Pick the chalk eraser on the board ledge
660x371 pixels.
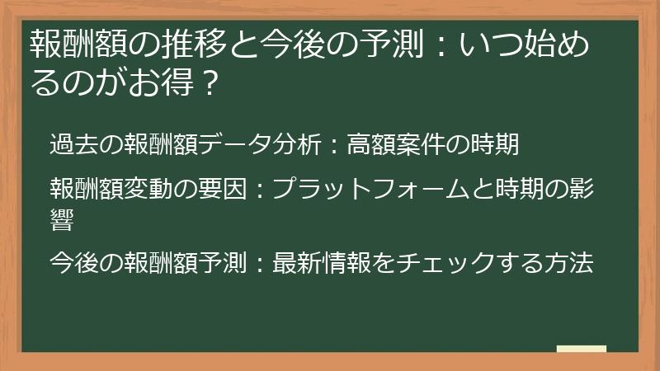point(581,349)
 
